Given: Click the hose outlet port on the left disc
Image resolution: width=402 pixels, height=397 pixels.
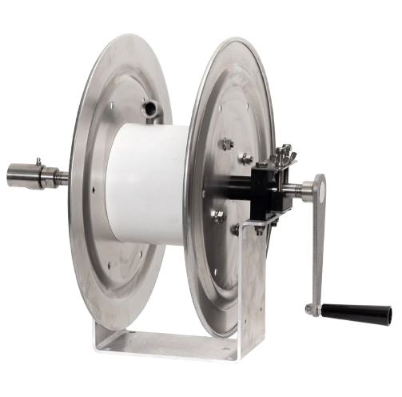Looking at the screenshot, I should pos(149,106).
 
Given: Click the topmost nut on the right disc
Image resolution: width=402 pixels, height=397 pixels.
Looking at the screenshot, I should pos(227,144).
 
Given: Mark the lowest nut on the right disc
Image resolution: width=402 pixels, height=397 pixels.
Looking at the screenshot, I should pos(235,230).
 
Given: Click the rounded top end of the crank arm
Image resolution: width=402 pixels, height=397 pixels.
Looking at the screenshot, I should pos(319,183).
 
